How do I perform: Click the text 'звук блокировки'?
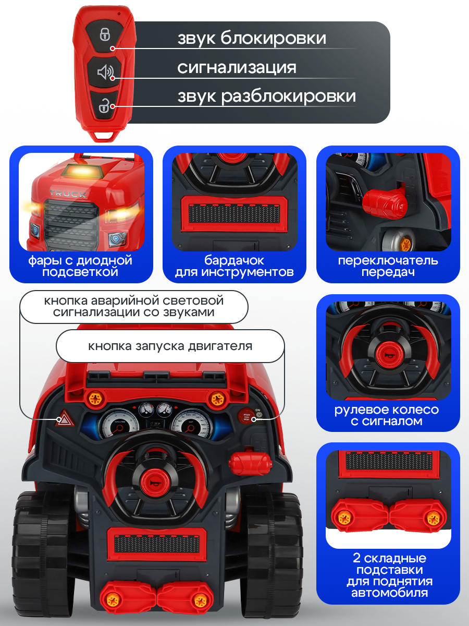coord(252,38)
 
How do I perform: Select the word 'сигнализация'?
coord(237,67)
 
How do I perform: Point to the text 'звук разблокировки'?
coord(266,96)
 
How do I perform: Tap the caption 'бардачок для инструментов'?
coord(234,266)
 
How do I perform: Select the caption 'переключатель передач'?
coord(388,266)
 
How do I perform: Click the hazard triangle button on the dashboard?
coord(65,418)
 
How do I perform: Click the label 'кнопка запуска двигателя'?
coord(170,346)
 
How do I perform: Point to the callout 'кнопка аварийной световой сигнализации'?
coord(133,307)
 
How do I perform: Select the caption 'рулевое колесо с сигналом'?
coord(386,415)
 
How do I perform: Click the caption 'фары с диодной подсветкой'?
coord(80,266)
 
